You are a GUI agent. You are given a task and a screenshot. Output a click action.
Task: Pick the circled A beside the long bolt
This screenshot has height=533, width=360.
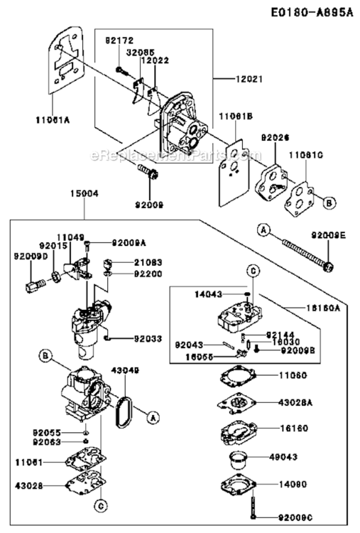(263, 230)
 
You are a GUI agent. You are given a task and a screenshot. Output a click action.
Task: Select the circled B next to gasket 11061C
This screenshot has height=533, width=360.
(329, 203)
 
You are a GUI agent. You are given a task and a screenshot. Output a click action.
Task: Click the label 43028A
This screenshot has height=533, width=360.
(293, 402)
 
